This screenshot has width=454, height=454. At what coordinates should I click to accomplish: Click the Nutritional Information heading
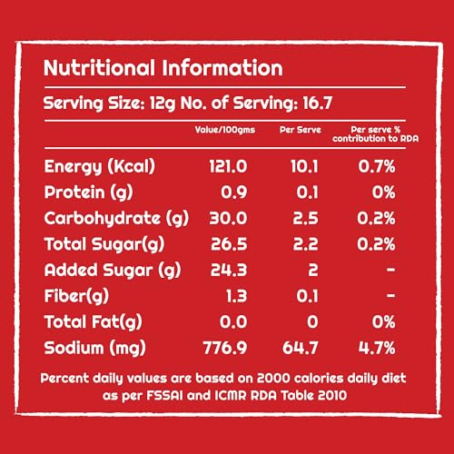click(x=163, y=68)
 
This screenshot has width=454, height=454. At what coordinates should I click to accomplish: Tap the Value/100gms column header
click(x=225, y=130)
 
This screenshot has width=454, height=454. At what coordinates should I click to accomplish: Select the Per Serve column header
click(x=301, y=130)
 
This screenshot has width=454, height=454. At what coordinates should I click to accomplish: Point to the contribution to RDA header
click(x=376, y=139)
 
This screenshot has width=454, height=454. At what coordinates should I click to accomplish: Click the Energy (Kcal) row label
click(x=100, y=167)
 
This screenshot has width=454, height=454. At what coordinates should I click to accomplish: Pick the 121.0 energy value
click(x=228, y=166)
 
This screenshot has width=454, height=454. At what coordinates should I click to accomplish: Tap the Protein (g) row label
click(x=88, y=192)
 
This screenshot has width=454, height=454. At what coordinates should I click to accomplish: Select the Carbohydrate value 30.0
click(x=228, y=218)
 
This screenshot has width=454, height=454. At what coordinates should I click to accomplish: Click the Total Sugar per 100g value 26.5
click(x=229, y=244)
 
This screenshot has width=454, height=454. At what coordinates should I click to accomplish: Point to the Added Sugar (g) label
click(x=113, y=271)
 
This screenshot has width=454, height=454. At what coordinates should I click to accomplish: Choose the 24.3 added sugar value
click(x=229, y=270)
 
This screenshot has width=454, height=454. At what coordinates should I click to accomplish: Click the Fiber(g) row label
click(x=76, y=296)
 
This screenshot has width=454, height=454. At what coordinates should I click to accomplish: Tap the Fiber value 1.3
click(x=237, y=296)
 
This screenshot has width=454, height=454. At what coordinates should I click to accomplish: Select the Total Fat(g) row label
click(x=94, y=322)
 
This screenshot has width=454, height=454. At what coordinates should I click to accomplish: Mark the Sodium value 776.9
click(x=225, y=348)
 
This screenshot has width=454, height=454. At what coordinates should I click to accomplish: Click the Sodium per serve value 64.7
click(x=301, y=348)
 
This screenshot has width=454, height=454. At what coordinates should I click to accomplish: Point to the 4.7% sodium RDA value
click(x=377, y=348)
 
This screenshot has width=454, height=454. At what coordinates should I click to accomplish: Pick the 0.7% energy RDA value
click(x=377, y=166)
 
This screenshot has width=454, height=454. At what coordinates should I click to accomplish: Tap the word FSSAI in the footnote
click(x=164, y=395)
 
